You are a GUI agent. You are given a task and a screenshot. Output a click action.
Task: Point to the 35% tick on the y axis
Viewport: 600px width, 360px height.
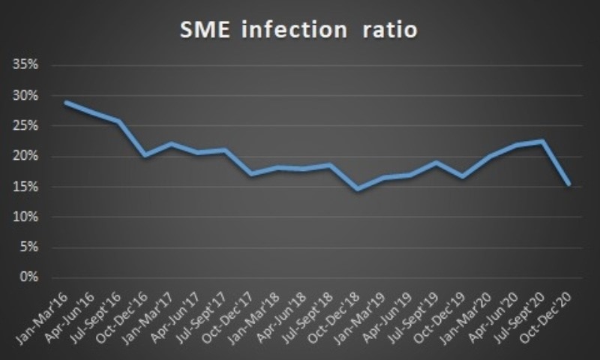point(26,64)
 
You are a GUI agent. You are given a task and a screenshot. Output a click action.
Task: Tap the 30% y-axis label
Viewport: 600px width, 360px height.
point(26,95)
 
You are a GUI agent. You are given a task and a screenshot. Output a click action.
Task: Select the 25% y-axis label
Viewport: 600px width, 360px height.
point(26,126)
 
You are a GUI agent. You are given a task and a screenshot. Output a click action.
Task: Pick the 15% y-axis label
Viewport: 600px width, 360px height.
point(26,187)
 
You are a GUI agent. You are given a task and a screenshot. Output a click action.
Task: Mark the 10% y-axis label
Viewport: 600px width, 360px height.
point(26,217)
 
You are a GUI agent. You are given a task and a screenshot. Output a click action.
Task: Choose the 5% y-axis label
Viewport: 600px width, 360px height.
point(28,247)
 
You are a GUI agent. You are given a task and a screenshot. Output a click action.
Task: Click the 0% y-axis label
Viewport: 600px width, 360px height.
point(28,277)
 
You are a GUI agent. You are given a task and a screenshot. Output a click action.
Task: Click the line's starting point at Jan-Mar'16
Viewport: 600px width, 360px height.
point(67,102)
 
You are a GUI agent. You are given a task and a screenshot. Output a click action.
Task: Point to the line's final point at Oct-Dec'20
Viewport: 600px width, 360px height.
point(568,184)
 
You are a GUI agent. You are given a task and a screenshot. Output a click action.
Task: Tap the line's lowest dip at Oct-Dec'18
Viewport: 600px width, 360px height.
point(357,189)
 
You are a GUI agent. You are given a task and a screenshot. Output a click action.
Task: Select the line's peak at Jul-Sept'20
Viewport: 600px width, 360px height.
point(542,141)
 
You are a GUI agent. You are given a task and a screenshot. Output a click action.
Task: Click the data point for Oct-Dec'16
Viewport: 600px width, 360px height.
point(145,155)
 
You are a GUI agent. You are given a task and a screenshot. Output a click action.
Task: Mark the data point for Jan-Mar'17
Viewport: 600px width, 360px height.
point(172,144)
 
